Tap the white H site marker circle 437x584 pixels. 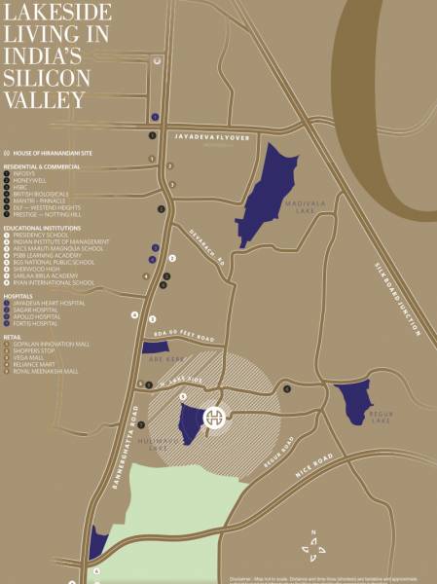point(214,418)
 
